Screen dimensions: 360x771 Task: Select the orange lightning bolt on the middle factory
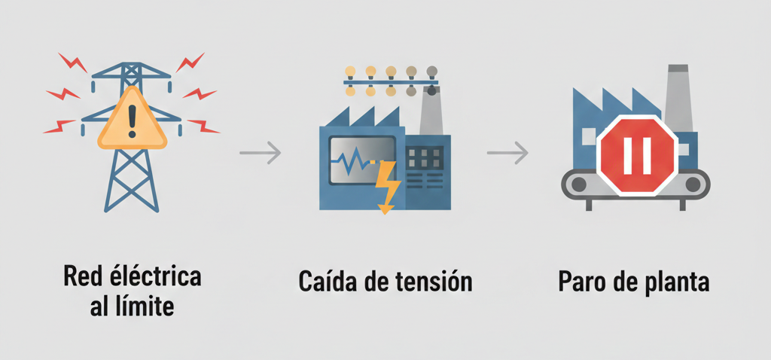coord(388,186)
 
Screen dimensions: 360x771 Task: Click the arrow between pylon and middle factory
coord(260,154)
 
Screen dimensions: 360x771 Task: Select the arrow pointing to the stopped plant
coord(507,154)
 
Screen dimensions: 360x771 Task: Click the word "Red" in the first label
coord(81,276)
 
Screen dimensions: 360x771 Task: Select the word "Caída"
coord(328,282)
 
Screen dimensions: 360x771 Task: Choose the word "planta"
coord(677,282)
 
